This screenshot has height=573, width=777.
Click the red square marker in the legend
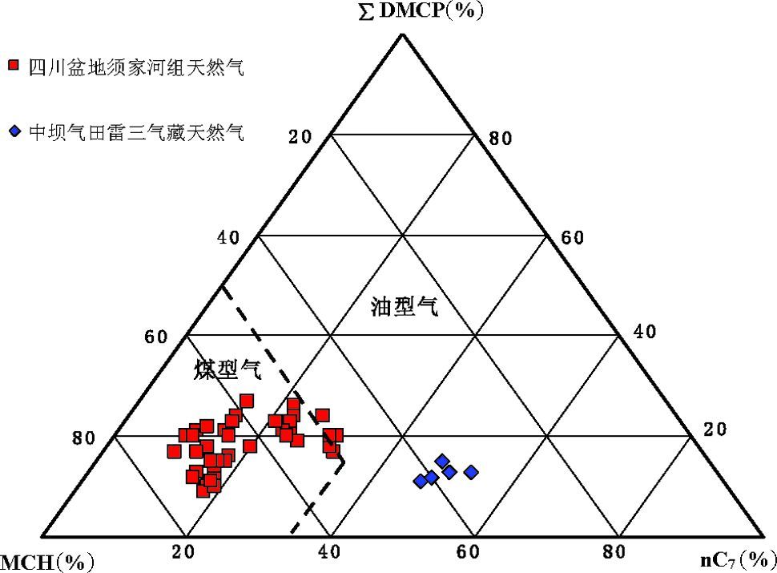(x=13, y=66)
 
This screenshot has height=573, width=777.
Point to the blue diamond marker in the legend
(x=13, y=131)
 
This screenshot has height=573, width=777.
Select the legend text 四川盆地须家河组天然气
(x=135, y=67)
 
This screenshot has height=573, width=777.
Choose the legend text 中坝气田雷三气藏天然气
(x=135, y=131)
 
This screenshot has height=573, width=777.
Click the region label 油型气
(x=405, y=307)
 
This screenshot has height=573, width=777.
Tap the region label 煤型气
(x=227, y=369)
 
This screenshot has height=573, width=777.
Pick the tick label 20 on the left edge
(x=300, y=137)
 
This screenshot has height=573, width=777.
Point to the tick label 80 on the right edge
(x=500, y=139)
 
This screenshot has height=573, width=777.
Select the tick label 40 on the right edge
(x=645, y=332)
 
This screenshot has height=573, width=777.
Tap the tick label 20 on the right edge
(x=715, y=430)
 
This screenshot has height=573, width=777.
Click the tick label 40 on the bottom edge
(x=328, y=552)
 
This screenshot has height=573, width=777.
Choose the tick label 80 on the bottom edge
(x=614, y=552)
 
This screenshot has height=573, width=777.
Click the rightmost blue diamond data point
(x=471, y=472)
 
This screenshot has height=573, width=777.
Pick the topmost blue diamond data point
(x=442, y=460)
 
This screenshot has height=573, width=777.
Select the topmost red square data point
(x=246, y=401)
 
